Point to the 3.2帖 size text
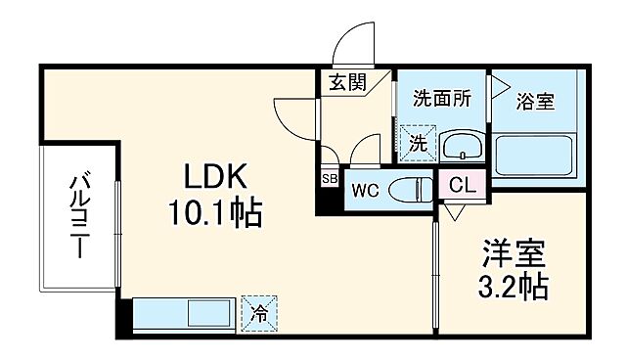[x=511, y=288]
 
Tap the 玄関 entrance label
[x=347, y=83]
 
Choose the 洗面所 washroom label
[x=440, y=98]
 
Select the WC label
[x=366, y=188]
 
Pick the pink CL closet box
[x=461, y=184]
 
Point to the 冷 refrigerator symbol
[x=259, y=314]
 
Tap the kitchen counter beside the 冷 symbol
[x=186, y=316]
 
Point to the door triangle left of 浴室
[x=499, y=86]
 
